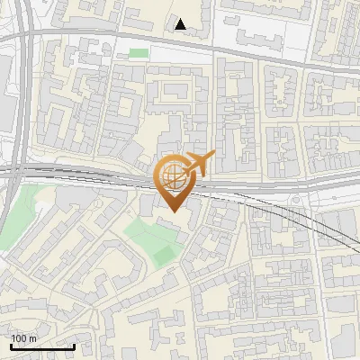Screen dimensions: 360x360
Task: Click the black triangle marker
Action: pos(181,24)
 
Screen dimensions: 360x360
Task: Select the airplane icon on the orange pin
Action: pos(200,164)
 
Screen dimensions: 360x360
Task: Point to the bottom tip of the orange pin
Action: pos(173,211)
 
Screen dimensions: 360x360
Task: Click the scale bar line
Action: pos(41,346)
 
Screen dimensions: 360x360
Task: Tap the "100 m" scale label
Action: pos(23,338)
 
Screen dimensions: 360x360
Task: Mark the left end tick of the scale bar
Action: pos(10,345)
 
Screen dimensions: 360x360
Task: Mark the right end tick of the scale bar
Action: pos(74,345)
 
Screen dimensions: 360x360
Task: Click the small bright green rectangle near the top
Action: pos(138,53)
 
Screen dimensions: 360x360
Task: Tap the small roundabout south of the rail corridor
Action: pos(294,199)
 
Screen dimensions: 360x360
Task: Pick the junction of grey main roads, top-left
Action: pos(27,36)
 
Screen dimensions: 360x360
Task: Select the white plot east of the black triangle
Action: pos(261,31)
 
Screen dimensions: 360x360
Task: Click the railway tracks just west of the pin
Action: pos(108,175)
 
